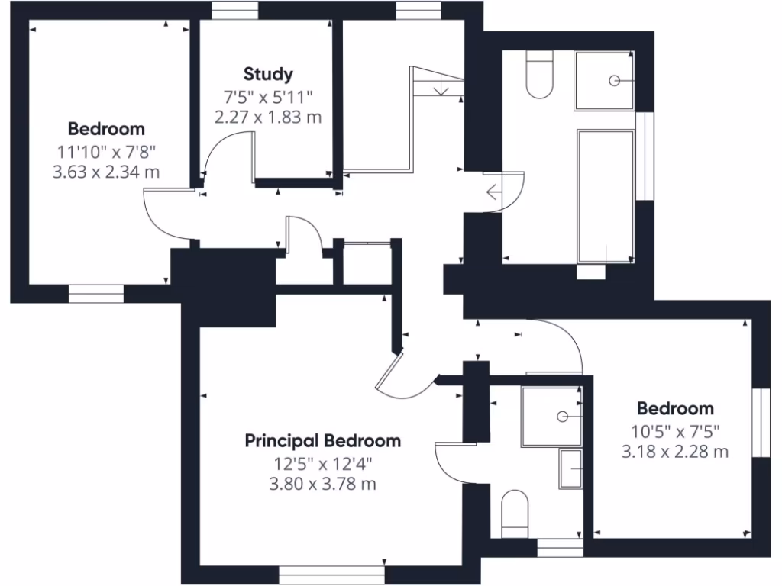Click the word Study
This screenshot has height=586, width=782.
coord(268,74)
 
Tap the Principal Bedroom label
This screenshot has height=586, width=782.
coord(322,440)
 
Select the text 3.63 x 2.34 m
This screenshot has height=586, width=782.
coord(106,172)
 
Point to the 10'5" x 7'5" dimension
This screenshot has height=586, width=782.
coord(675,431)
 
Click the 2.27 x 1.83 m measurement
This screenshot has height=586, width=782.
coord(268,117)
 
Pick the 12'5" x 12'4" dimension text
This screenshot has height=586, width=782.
coord(322,463)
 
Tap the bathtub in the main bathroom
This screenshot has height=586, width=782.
coord(606,196)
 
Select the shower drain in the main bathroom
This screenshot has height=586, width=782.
coord(614,80)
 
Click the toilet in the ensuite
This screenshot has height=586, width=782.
coord(515,513)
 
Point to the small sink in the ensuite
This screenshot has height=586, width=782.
coord(570,468)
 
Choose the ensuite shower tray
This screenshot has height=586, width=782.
coord(551,416)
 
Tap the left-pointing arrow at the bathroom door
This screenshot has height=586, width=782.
coord(493,192)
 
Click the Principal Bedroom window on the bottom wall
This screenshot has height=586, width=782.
coord(331,572)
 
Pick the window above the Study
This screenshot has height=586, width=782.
coord(234,10)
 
